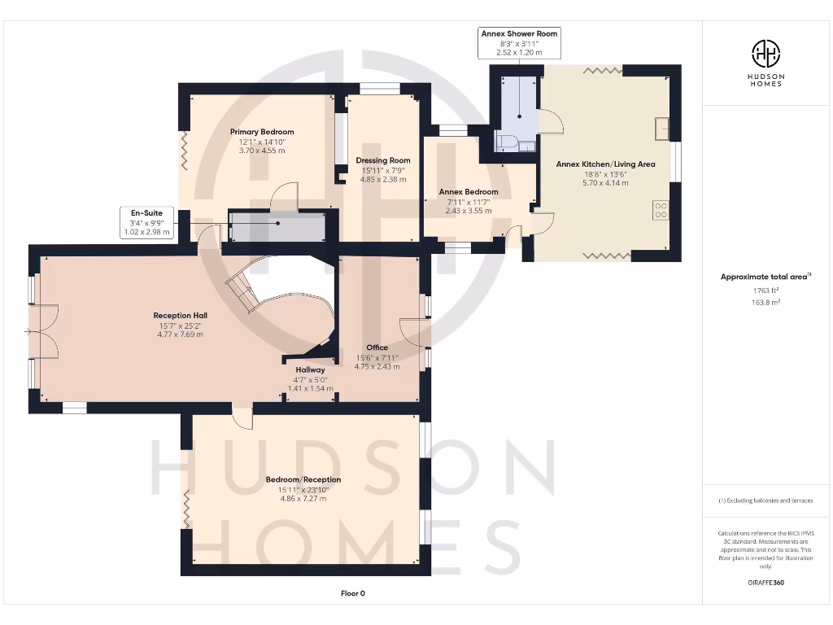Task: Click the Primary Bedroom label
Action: tap(261, 132)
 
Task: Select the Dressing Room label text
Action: tap(382, 160)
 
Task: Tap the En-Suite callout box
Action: tap(146, 222)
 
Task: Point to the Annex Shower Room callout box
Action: tap(519, 42)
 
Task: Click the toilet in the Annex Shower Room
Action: tap(505, 143)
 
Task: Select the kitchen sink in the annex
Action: tap(661, 128)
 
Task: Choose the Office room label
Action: tap(377, 347)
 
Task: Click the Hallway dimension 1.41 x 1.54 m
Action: tap(312, 389)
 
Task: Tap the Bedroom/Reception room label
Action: tap(303, 479)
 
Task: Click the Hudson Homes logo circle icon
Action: tap(767, 55)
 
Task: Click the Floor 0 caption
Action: tap(352, 593)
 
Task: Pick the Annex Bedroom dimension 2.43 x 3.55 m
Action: tap(469, 211)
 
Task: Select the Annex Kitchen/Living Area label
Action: tap(605, 164)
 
